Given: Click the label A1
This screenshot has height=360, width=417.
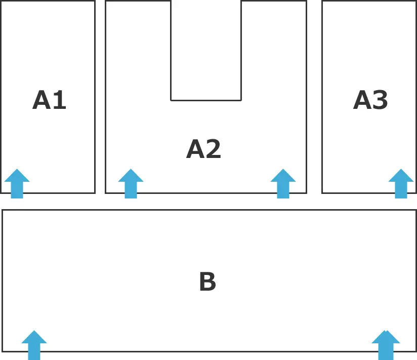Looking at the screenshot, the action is coord(49,100).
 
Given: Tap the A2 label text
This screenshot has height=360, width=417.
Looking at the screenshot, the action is coord(203,149).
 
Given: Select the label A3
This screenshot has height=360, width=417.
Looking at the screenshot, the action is coord(370,100).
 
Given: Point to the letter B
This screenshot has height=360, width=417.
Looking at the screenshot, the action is coord(207,281).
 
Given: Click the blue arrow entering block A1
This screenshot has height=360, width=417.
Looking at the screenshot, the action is coord(17,184).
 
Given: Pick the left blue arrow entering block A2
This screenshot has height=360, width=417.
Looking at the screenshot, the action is coord(131,184).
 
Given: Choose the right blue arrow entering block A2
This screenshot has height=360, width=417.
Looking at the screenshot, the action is coord(283,184).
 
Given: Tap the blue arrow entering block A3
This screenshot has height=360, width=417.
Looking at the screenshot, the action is coord(401,184).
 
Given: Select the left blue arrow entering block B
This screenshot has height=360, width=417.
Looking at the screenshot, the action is coord(34,345).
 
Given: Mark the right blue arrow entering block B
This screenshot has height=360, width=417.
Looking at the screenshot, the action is coord(386,345).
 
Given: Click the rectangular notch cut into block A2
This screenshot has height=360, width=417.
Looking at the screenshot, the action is coord(206,51).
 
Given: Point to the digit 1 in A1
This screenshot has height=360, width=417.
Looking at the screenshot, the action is coord(60,100).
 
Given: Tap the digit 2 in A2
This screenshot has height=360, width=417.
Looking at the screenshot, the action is coord(213,149).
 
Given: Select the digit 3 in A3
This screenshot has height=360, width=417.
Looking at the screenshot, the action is coord(380,100).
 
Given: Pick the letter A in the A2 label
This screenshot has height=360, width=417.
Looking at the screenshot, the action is coord(195,149).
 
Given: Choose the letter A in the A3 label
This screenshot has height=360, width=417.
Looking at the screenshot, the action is coord(362,100).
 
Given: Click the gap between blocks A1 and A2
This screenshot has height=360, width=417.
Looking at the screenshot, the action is coord(100,97).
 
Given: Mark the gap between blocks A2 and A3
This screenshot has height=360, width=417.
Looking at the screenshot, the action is coord(314,97).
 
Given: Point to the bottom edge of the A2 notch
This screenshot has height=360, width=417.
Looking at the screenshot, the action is coord(206,100).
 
